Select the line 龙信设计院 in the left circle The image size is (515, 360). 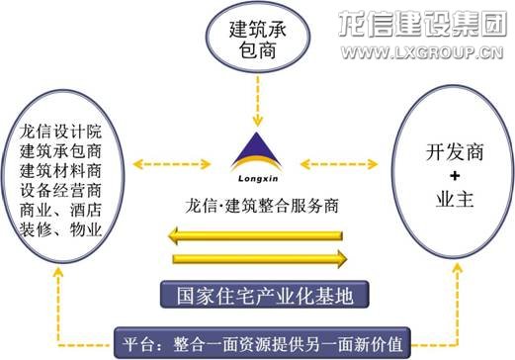[60, 130]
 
